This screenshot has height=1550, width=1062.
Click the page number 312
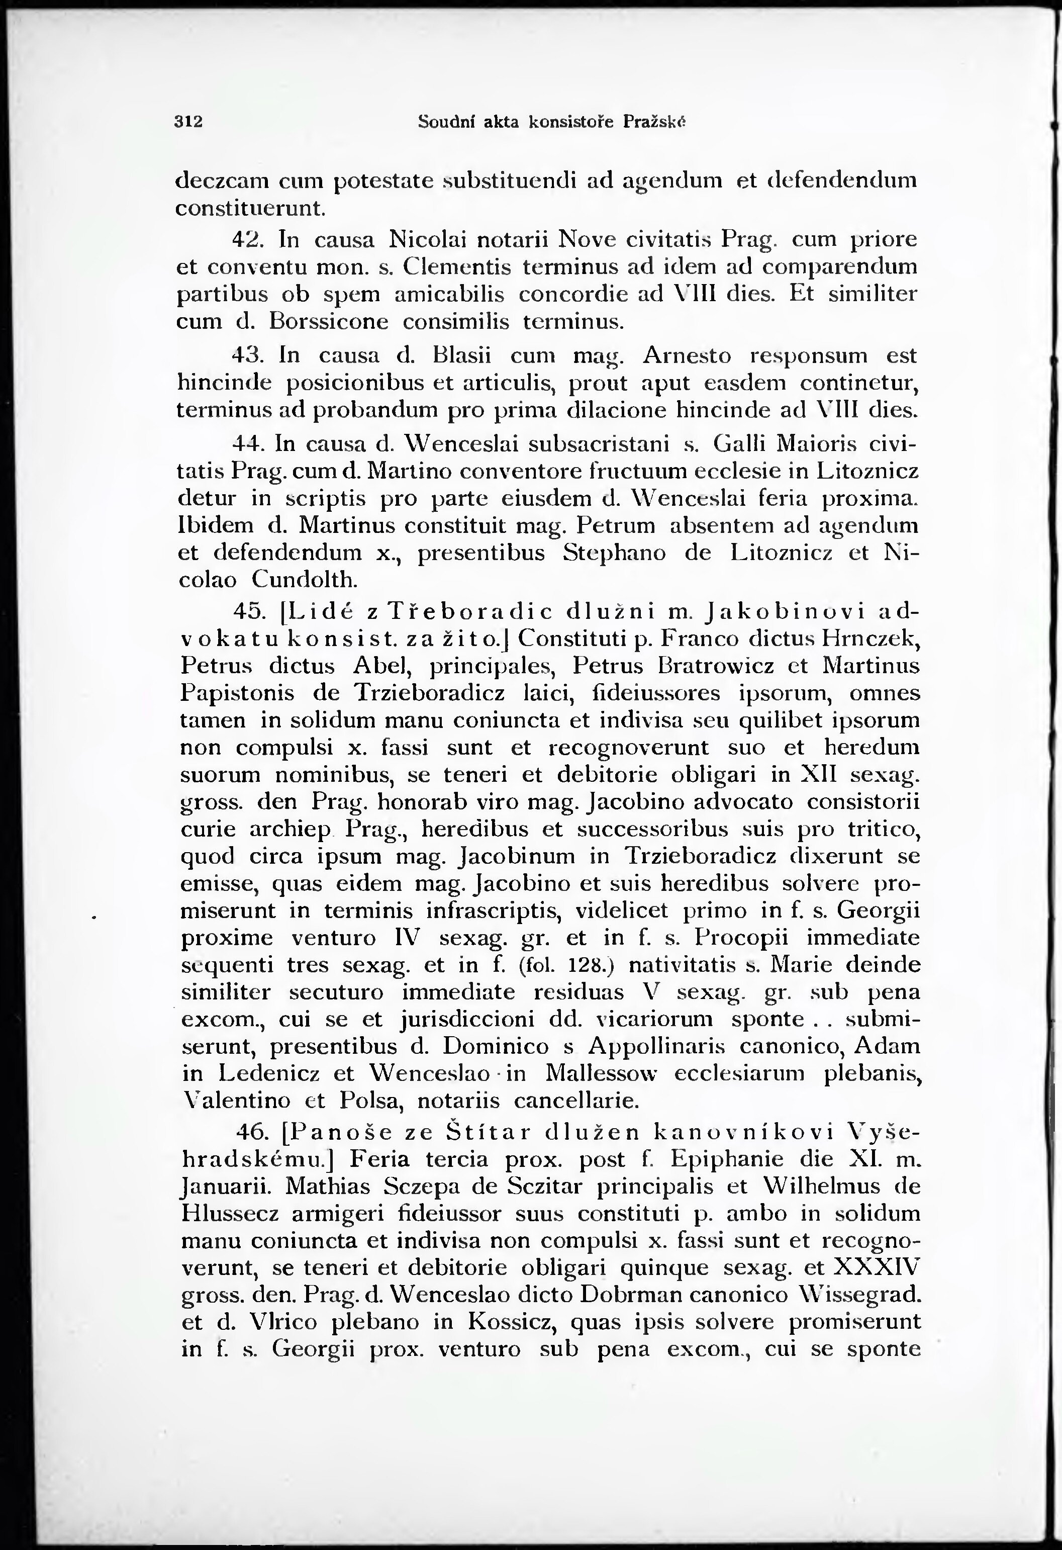pyautogui.click(x=188, y=122)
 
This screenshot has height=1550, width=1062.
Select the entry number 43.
pyautogui.click(x=253, y=355)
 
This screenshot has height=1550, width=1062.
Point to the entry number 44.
pyautogui.click(x=248, y=443)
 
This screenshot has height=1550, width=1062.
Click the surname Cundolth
pyautogui.click(x=305, y=580)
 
